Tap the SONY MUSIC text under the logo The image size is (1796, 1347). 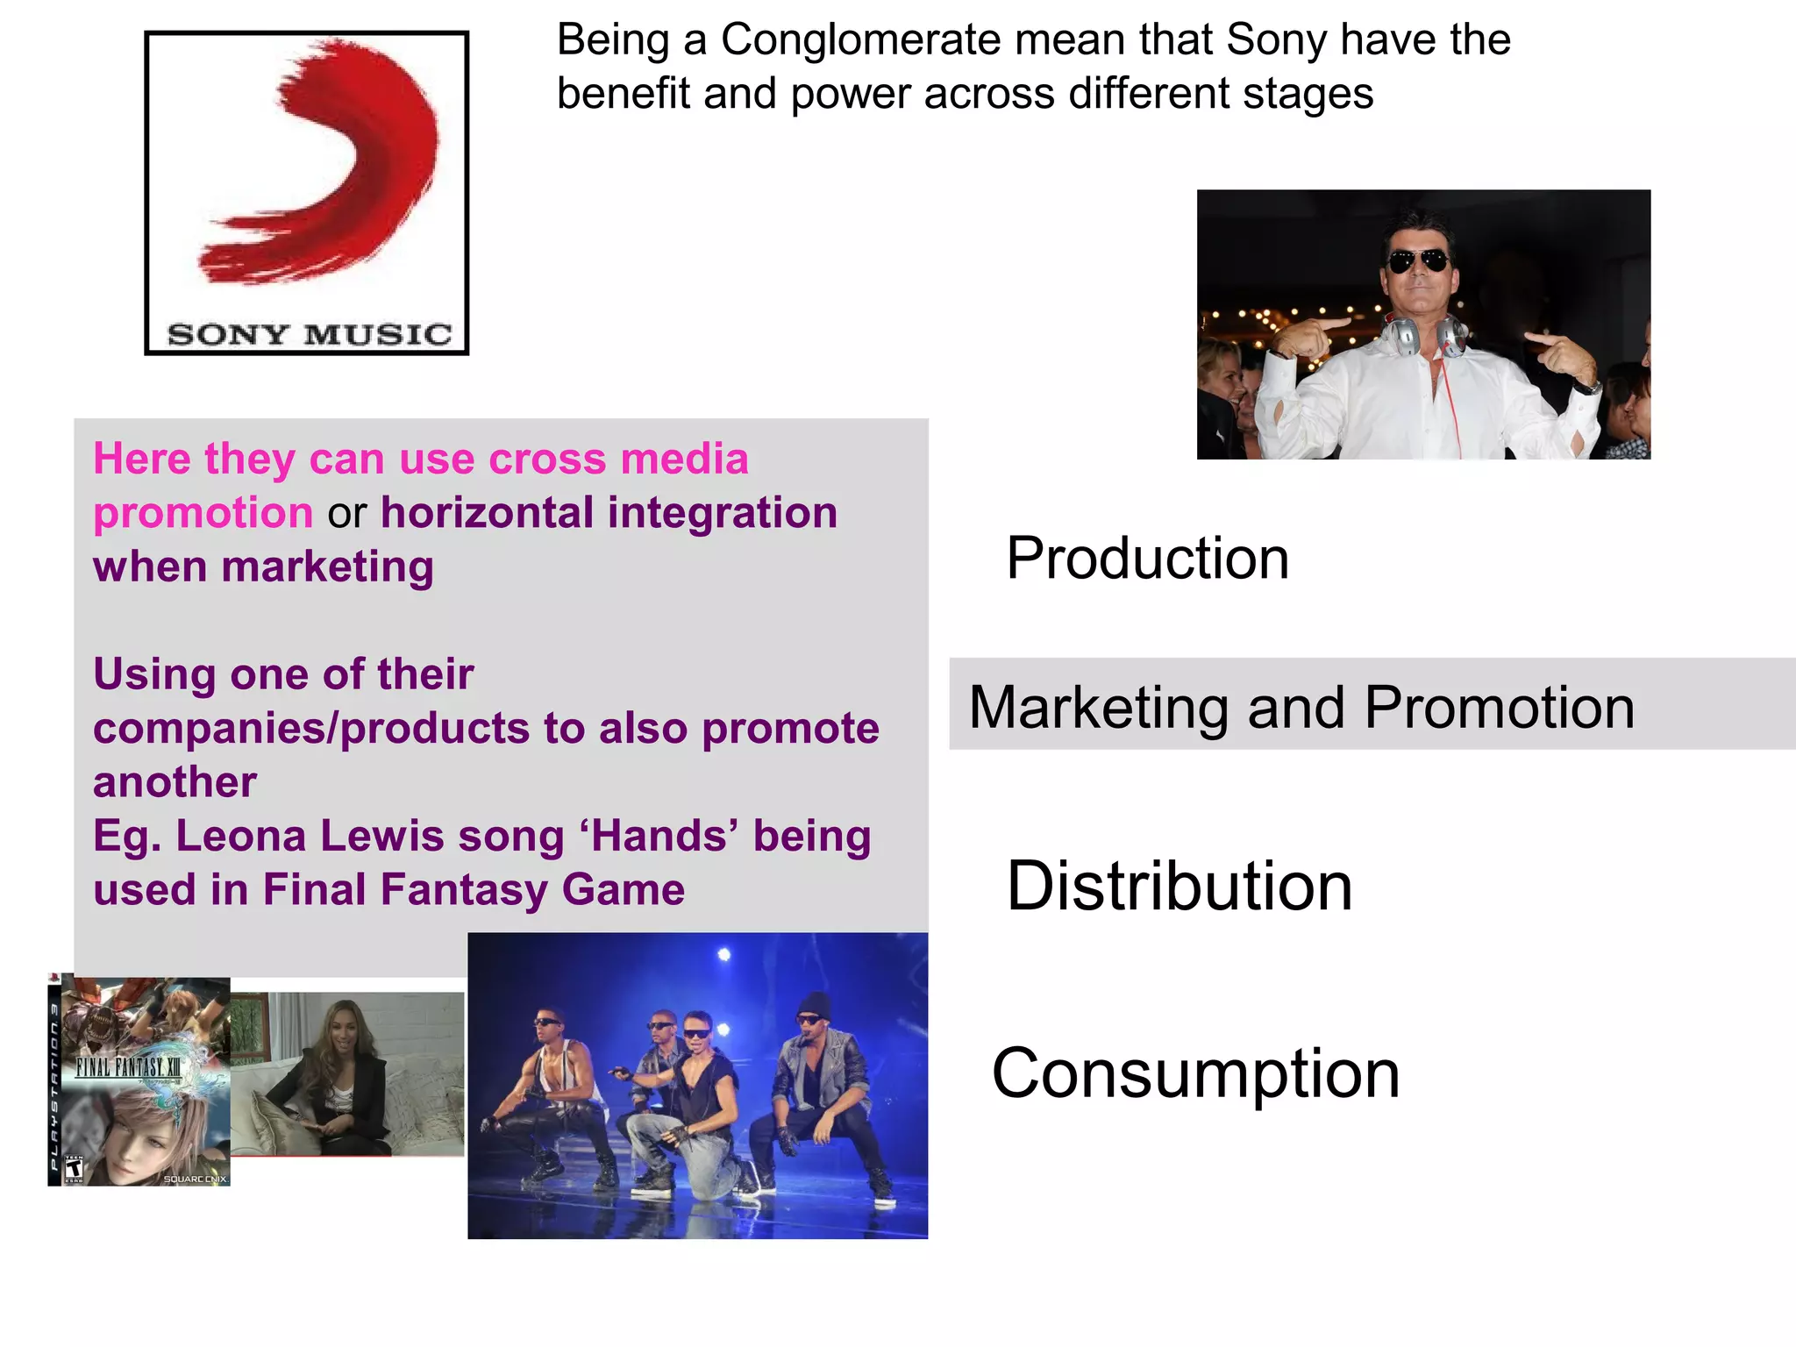point(309,334)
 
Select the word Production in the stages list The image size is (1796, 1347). point(1147,559)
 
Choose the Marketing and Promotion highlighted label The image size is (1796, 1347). point(1301,707)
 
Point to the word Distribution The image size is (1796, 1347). point(1180,887)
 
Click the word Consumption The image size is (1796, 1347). point(1195,1073)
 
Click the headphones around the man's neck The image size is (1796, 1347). point(1425,336)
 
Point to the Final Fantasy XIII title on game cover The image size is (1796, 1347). point(129,1067)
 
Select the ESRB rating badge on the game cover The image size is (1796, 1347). point(74,1169)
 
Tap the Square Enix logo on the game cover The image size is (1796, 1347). point(195,1179)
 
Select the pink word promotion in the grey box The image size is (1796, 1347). point(203,513)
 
